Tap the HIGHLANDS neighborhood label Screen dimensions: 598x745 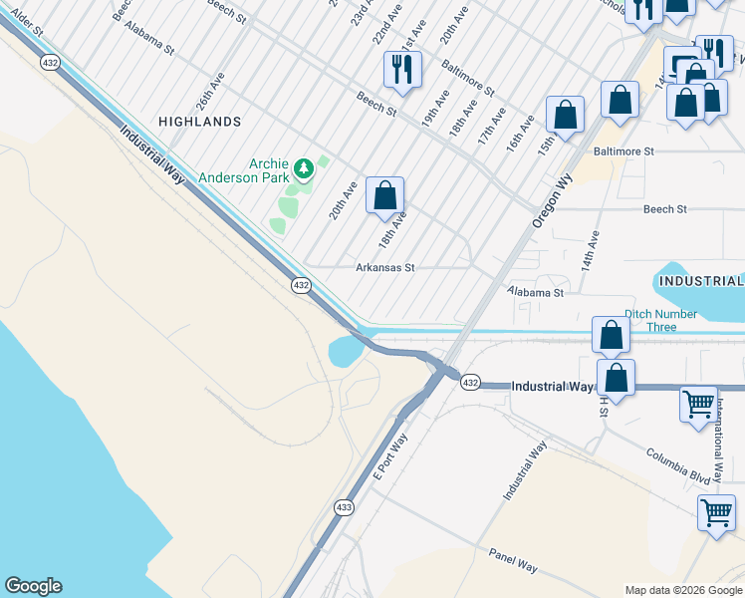click(199, 122)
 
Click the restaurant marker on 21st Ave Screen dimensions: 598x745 click(402, 69)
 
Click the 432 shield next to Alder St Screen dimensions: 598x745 click(50, 62)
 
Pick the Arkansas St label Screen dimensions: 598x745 click(384, 268)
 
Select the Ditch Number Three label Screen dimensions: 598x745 click(660, 320)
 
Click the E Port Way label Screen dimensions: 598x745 click(390, 456)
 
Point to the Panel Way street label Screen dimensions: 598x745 click(513, 560)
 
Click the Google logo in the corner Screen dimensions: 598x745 click(33, 586)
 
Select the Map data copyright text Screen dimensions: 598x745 click(682, 589)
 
